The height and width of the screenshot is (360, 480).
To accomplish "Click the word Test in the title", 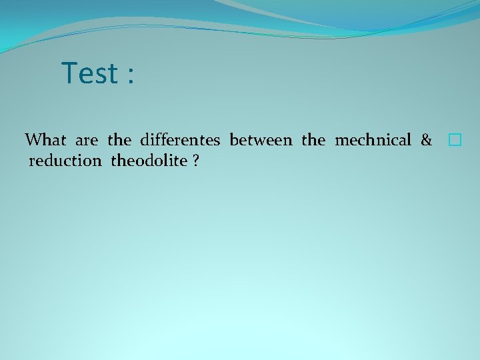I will click(x=89, y=73).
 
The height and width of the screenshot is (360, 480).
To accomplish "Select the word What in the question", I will click(x=46, y=140).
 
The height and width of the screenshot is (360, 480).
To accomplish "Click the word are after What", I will click(x=87, y=141).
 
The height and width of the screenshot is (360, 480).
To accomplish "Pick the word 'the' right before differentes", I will click(x=119, y=140).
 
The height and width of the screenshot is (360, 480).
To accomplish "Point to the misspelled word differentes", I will click(x=180, y=140).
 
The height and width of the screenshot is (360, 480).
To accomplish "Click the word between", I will click(x=261, y=140).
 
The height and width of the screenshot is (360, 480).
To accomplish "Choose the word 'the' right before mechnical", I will click(x=313, y=140).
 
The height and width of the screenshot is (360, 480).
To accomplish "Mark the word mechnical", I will click(x=373, y=140).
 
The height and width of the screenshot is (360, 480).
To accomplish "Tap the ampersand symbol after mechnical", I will click(x=426, y=140).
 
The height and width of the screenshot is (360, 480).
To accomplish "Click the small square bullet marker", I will click(x=455, y=140).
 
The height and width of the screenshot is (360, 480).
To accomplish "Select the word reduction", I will click(x=65, y=161).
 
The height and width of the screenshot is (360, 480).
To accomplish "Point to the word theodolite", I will click(x=149, y=161).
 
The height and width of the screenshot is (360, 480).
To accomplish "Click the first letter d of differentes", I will click(x=145, y=140).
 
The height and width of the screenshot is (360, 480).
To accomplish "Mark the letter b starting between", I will click(x=233, y=140).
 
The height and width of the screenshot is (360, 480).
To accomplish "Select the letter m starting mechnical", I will click(x=340, y=141).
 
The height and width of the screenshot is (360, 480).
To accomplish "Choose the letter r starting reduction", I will click(x=32, y=161).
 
